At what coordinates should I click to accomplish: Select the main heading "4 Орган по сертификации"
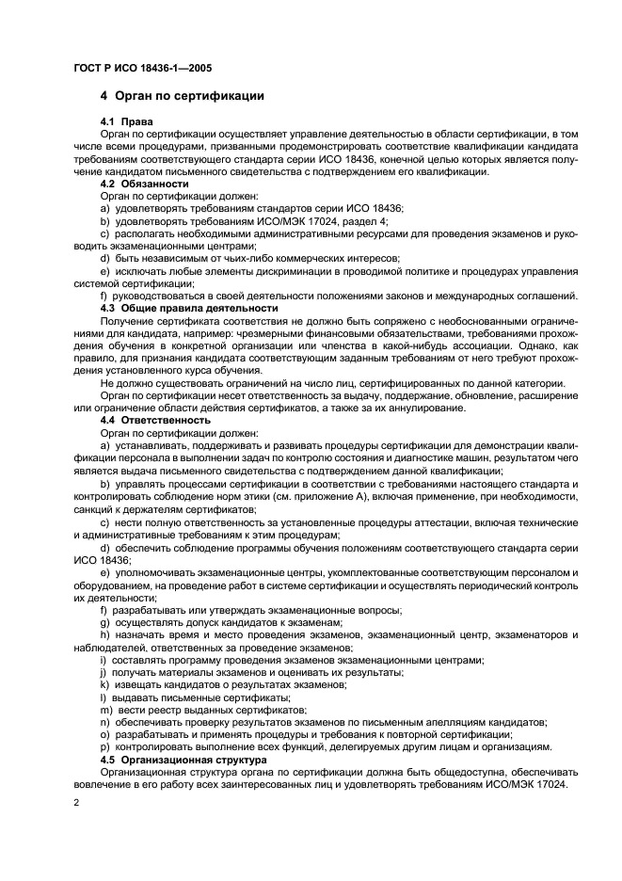pyautogui.click(x=182, y=96)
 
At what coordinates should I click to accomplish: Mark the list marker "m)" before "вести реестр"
pyautogui.click(x=104, y=710)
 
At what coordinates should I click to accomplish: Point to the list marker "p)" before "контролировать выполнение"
pyautogui.click(x=104, y=747)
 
